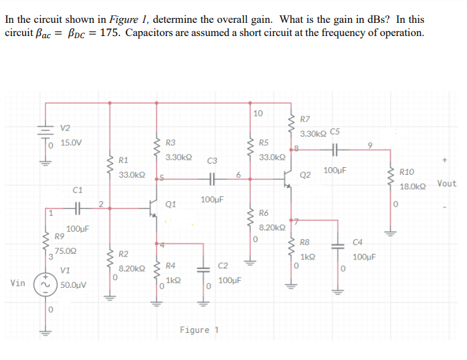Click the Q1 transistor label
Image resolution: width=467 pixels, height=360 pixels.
click(x=171, y=205)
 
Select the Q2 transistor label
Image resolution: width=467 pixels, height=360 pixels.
click(x=305, y=175)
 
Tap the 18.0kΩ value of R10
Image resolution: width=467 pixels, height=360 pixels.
click(x=412, y=187)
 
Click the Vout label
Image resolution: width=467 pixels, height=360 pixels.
click(x=447, y=184)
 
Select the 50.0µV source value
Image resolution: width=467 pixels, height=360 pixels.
click(x=73, y=284)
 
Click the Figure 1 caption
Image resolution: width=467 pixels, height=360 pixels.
click(x=198, y=329)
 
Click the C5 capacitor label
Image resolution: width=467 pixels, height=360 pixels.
click(x=335, y=132)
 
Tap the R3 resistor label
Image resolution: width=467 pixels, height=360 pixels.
click(x=171, y=142)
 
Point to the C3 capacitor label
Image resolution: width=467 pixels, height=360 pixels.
click(x=212, y=161)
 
